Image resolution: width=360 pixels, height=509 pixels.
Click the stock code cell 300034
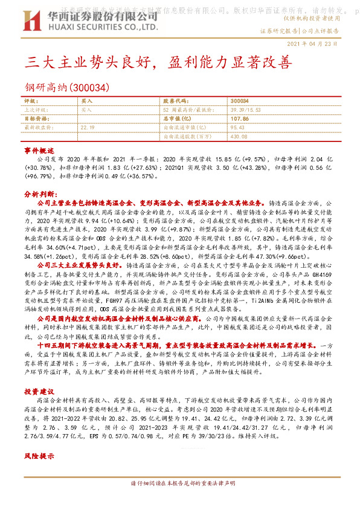(x=240, y=102)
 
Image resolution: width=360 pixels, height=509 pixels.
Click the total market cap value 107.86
(x=239, y=119)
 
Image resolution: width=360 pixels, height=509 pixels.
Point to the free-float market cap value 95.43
(x=238, y=128)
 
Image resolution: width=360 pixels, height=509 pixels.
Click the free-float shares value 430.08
(x=239, y=137)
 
